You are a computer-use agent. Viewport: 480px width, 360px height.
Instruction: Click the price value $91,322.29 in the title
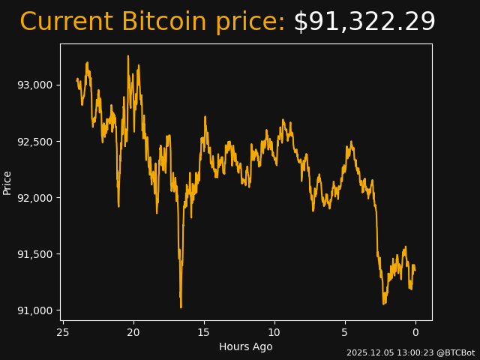[x=364, y=22]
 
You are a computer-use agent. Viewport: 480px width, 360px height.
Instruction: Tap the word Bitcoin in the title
[x=163, y=22]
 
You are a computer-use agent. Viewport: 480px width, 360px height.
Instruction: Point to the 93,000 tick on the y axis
[x=35, y=85]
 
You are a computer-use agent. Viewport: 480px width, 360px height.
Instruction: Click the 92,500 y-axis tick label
[x=35, y=141]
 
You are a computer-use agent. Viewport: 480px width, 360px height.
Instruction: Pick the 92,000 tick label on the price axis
[x=35, y=197]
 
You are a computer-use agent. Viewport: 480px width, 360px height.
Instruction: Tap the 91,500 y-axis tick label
[x=35, y=254]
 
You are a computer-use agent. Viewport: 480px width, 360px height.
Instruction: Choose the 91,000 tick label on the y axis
[x=35, y=310]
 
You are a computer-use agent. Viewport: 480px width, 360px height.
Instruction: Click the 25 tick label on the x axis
[x=63, y=332]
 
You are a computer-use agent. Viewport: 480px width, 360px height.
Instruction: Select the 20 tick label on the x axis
[x=133, y=332]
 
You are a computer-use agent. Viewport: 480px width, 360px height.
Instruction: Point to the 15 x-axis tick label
[x=204, y=332]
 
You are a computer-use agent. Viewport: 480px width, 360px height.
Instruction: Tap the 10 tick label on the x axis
[x=274, y=332]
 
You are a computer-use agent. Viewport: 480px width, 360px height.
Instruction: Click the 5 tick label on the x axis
[x=345, y=332]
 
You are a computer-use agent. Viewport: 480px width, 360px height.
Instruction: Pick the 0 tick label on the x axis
[x=415, y=332]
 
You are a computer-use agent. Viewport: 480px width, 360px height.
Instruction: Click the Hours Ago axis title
[x=246, y=346]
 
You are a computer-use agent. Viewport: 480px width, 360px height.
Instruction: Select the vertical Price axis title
[x=7, y=182]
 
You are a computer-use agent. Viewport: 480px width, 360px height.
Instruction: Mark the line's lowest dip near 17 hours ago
[x=181, y=307]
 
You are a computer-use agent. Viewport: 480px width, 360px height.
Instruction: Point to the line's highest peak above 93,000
[x=128, y=55]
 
